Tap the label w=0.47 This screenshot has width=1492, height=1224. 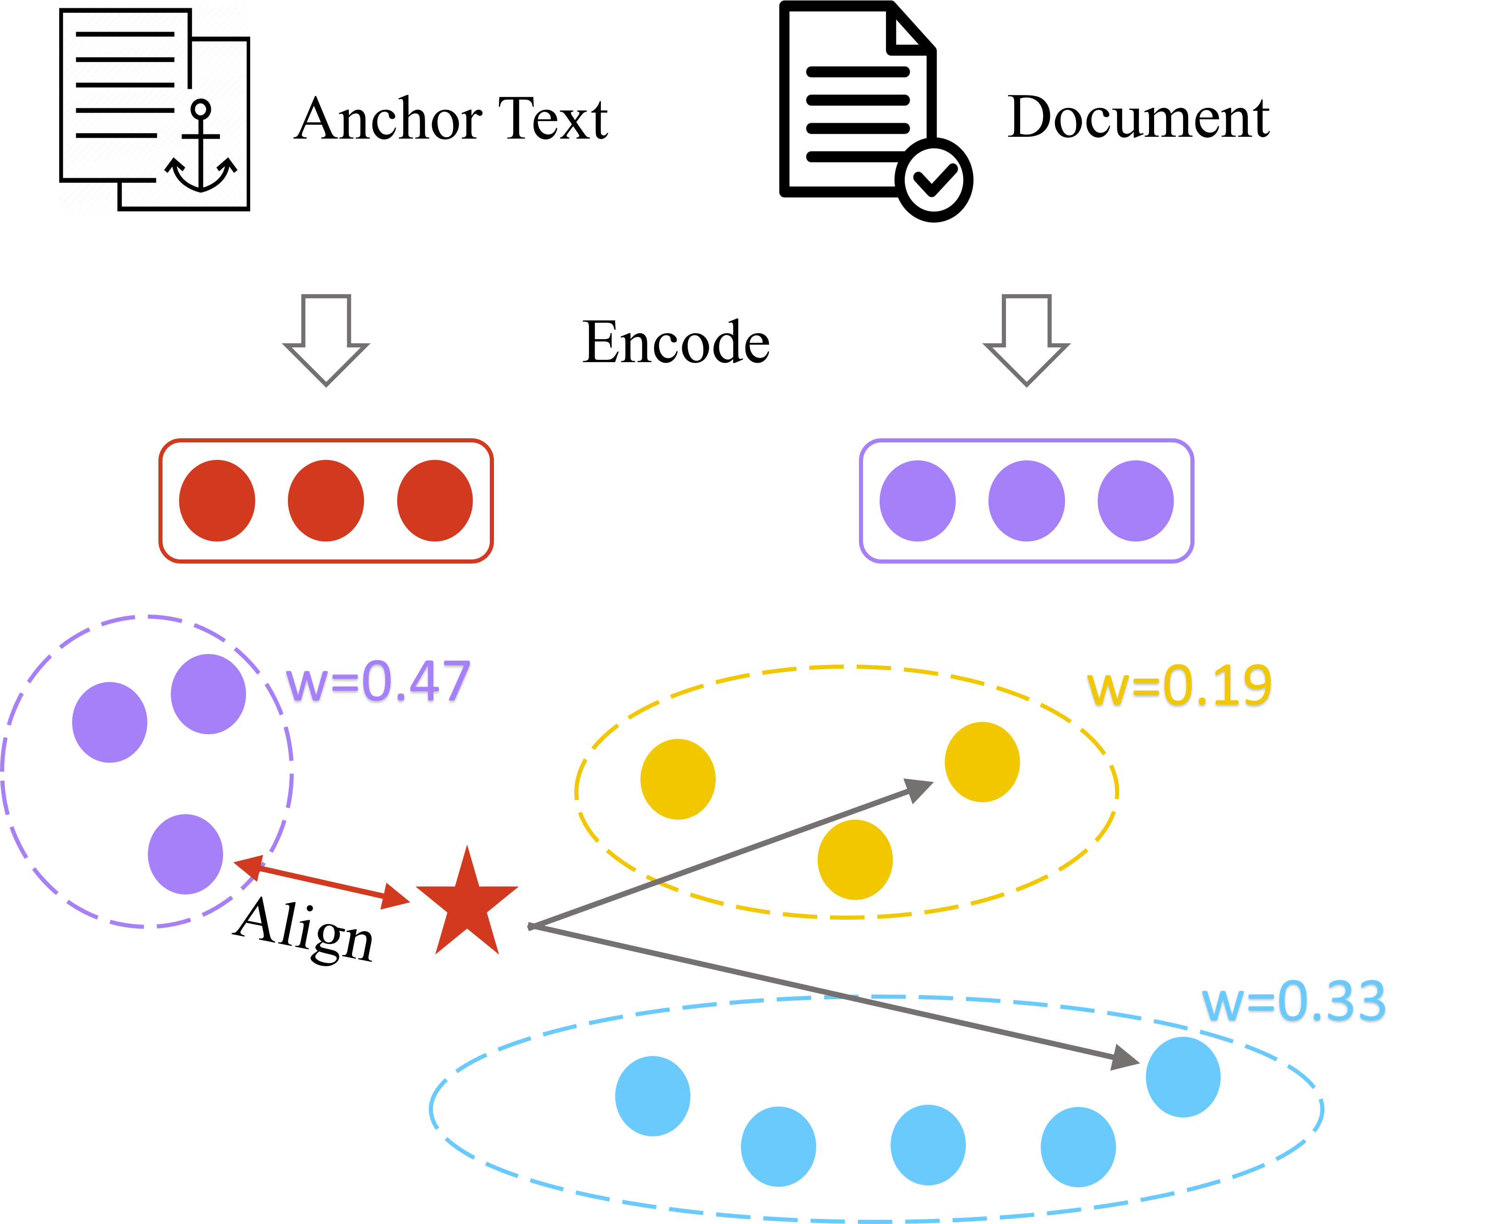(377, 682)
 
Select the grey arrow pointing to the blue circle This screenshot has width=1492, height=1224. (832, 994)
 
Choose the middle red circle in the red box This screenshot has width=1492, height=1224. (326, 501)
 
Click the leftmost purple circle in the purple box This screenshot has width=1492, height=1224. (917, 501)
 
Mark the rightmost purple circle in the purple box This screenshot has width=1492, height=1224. (1135, 501)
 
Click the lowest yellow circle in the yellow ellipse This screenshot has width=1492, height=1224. (855, 860)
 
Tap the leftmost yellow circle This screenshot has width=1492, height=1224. (678, 779)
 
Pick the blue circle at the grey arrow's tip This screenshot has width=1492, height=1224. (1183, 1077)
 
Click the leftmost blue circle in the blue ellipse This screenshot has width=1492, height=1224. (652, 1095)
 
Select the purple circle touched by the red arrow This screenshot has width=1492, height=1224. (185, 854)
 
